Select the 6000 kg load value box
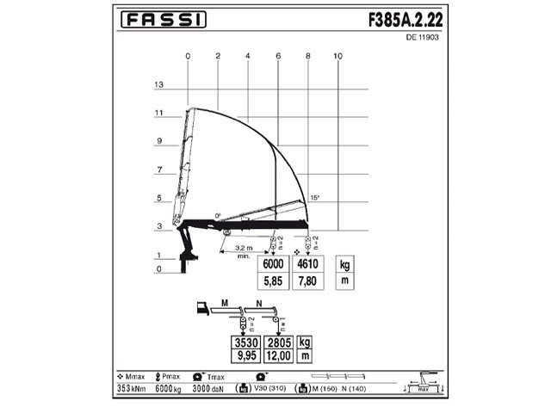point(273,265)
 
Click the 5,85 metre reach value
point(273,281)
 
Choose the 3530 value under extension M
point(249,342)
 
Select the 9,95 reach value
point(249,354)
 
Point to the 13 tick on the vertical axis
point(159,85)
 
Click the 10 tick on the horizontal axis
point(337,56)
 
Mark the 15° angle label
point(315,198)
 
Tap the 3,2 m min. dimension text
point(245,251)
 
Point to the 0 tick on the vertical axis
point(159,269)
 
